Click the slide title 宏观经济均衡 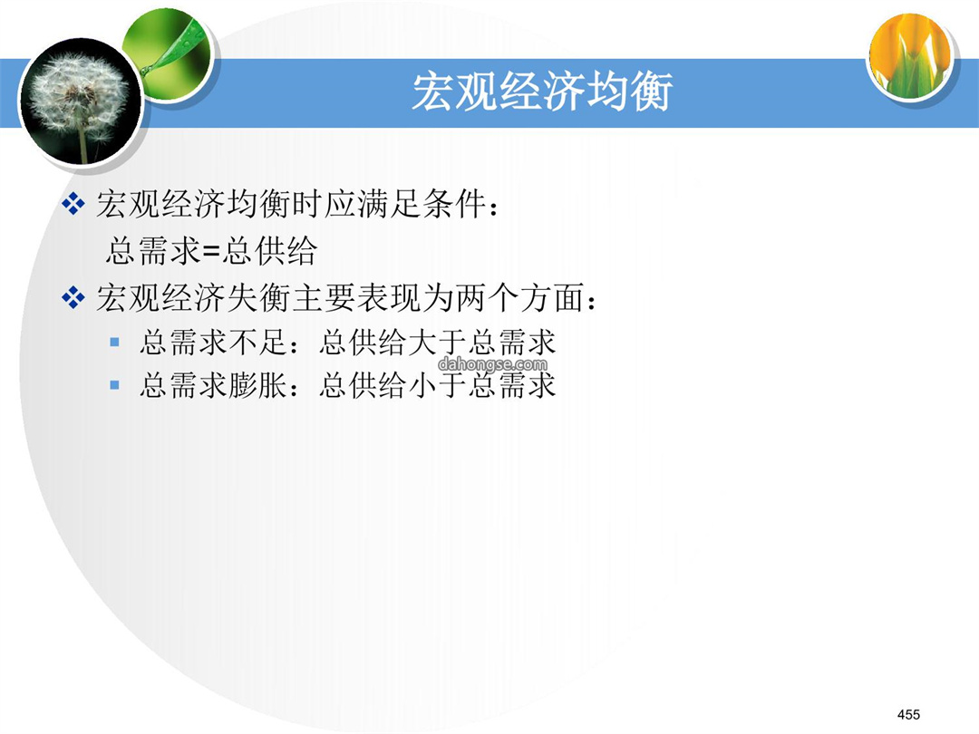tap(542, 92)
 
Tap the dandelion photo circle tap(81, 101)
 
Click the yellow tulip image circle tap(913, 55)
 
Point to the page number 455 tap(908, 714)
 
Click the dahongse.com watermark tap(492, 364)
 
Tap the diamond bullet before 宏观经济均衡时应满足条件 tap(73, 204)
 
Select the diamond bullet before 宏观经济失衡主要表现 tap(73, 297)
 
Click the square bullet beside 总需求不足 tap(114, 342)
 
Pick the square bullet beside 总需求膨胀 tap(114, 384)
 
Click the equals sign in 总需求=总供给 tap(211, 252)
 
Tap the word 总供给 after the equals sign tap(269, 251)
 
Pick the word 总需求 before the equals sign tap(153, 251)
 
